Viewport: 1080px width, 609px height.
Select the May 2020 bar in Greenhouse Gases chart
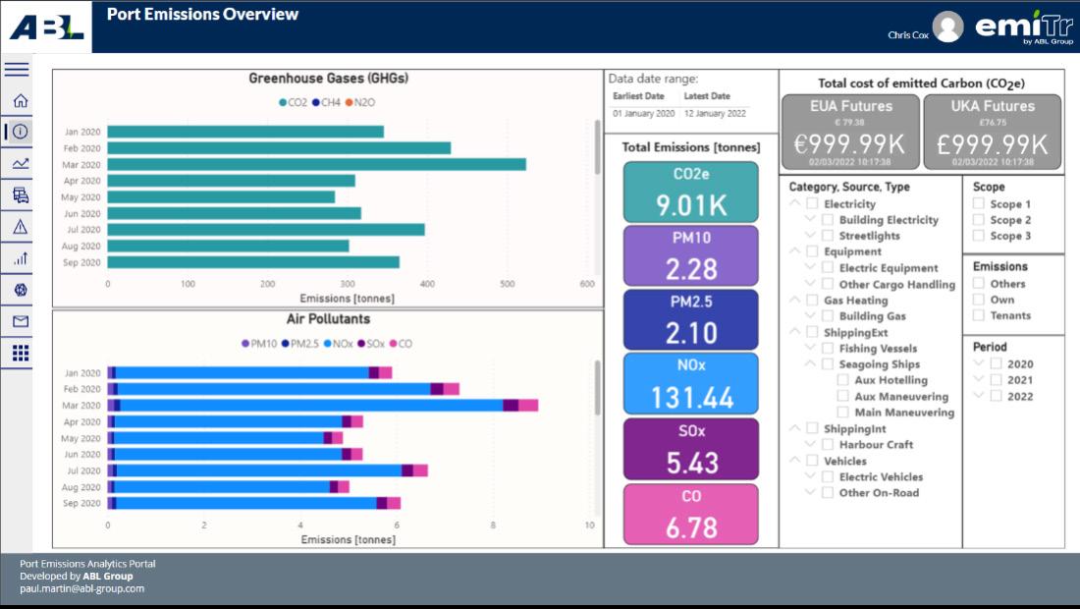221,196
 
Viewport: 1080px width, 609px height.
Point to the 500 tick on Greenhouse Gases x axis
507,284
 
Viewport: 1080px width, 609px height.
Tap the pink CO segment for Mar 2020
528,405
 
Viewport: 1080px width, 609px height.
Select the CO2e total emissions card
691,192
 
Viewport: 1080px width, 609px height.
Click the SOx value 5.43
691,463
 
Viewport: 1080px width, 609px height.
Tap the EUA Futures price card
851,132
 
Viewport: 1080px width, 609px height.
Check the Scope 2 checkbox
979,220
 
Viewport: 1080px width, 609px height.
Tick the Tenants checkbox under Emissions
979,315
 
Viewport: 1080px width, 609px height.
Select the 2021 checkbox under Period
997,380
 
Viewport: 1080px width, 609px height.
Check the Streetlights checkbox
828,236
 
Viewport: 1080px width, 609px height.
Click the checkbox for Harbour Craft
828,445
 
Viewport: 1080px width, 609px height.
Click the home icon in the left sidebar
20,100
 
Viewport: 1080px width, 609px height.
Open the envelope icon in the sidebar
20,321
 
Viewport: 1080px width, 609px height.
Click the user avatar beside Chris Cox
947,27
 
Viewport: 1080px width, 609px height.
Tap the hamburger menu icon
17,69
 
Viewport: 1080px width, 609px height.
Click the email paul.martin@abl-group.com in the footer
81,588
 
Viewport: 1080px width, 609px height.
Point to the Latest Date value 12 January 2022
715,114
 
